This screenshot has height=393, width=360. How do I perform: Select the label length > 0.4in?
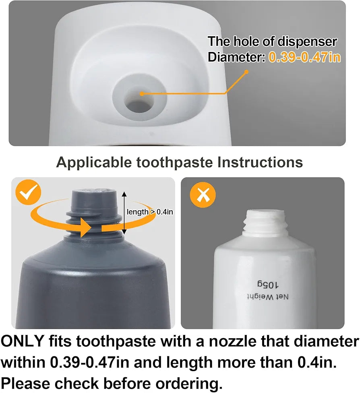[x=149, y=212]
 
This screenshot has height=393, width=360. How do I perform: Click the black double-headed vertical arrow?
[x=124, y=213]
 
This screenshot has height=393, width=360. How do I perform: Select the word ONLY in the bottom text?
[x=23, y=341]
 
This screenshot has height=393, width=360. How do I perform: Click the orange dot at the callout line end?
[x=246, y=72]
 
